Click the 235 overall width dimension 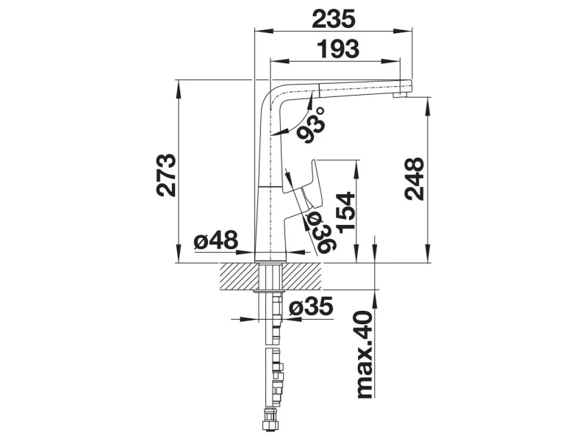pyautogui.click(x=334, y=19)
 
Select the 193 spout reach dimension pyautogui.click(x=338, y=49)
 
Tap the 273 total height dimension pyautogui.click(x=166, y=175)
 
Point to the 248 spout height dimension pyautogui.click(x=415, y=179)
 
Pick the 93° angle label pyautogui.click(x=310, y=125)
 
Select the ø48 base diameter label pyautogui.click(x=215, y=240)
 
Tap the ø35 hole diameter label pyautogui.click(x=311, y=306)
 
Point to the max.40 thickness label pyautogui.click(x=363, y=354)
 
